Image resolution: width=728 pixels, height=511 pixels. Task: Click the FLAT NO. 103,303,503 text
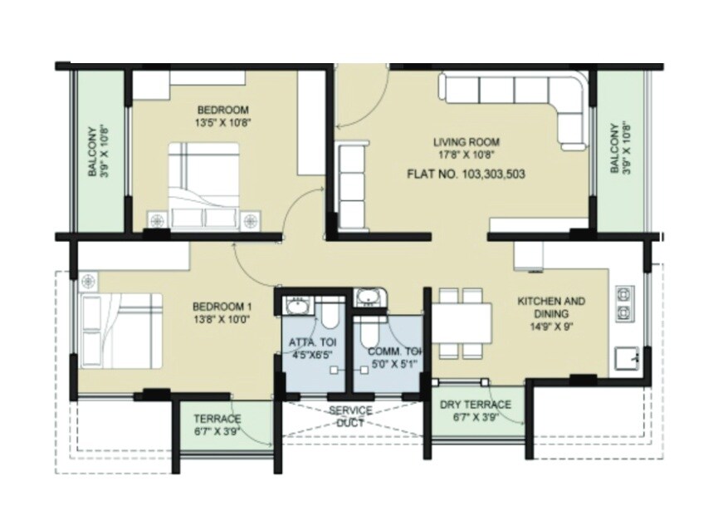point(466,174)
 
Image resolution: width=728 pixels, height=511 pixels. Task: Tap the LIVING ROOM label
point(470,142)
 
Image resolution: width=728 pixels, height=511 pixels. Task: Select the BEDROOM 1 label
point(222,305)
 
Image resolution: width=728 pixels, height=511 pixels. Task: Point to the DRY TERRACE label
point(476,405)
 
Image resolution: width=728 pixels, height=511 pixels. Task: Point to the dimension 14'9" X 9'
point(551,327)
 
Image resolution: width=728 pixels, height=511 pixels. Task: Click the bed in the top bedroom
point(204,184)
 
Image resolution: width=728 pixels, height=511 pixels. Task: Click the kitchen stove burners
point(623,303)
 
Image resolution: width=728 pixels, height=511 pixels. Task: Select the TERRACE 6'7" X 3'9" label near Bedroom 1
point(217,425)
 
